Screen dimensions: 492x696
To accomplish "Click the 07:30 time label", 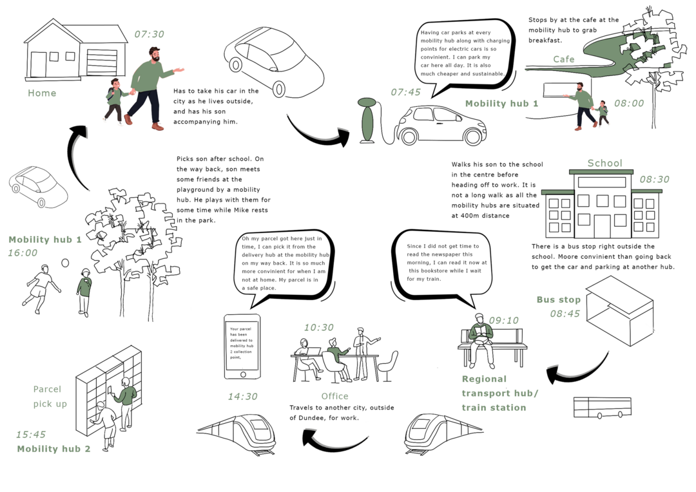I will [x=149, y=34].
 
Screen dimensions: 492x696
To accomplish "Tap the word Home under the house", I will [x=42, y=93].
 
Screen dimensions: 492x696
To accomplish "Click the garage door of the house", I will [x=106, y=62].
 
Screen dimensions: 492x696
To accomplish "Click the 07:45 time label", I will [x=405, y=92].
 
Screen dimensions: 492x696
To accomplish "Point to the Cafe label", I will [x=563, y=59].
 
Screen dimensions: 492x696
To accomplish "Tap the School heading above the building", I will [x=604, y=163].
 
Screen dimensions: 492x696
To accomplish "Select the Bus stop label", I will [x=558, y=299].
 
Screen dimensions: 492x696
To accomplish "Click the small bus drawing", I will [x=602, y=407].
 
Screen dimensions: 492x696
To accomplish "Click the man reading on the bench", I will [x=481, y=338].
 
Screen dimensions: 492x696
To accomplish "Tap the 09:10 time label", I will [x=503, y=320].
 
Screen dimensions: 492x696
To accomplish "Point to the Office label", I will [x=334, y=396].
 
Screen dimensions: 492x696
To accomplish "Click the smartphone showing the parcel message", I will [x=242, y=346].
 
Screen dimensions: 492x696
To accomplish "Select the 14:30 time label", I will [x=242, y=397].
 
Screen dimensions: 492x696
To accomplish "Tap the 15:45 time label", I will [x=31, y=435].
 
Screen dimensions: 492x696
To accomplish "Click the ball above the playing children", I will [x=65, y=263].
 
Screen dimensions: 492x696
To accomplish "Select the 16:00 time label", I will [x=23, y=253].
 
